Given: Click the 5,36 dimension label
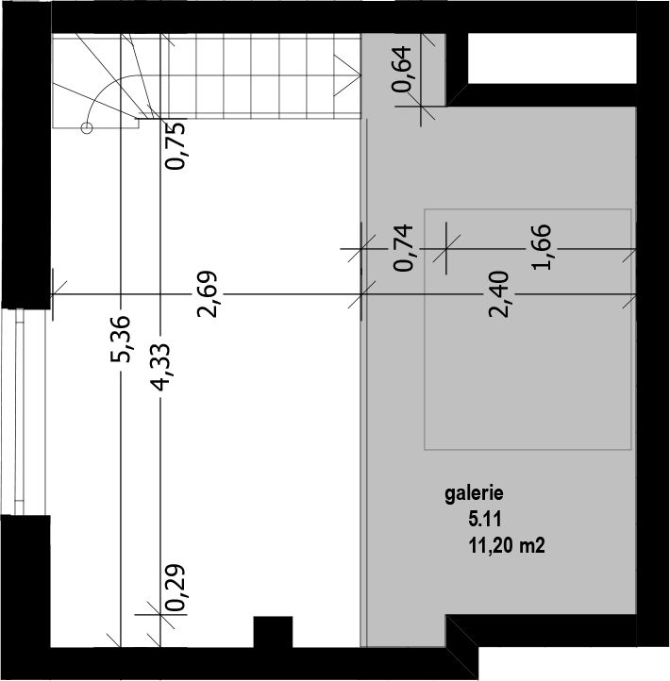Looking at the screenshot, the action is pyautogui.click(x=120, y=339).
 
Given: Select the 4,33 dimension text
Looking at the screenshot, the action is pyautogui.click(x=159, y=368).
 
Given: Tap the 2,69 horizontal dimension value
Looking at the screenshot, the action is pyautogui.click(x=207, y=294).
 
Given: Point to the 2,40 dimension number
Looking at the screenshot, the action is pyautogui.click(x=498, y=294).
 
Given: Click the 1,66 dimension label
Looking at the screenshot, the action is pyautogui.click(x=542, y=247).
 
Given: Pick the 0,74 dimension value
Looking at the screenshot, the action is pyautogui.click(x=403, y=247).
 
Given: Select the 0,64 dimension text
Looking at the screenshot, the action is pyautogui.click(x=401, y=69).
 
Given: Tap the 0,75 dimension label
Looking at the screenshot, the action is pyautogui.click(x=176, y=146).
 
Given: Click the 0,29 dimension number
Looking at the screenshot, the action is pyautogui.click(x=176, y=588).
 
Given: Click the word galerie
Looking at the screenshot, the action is pyautogui.click(x=474, y=494).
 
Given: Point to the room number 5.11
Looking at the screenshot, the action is pyautogui.click(x=485, y=520).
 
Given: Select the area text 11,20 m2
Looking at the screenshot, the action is pyautogui.click(x=507, y=545).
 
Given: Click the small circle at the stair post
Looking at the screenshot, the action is pyautogui.click(x=87, y=127).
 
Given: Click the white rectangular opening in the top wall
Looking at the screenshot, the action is pyautogui.click(x=552, y=58).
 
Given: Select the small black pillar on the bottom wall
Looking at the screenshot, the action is pyautogui.click(x=273, y=632).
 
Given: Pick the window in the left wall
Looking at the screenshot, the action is pyautogui.click(x=20, y=412).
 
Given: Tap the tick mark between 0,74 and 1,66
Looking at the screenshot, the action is pyautogui.click(x=446, y=248).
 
